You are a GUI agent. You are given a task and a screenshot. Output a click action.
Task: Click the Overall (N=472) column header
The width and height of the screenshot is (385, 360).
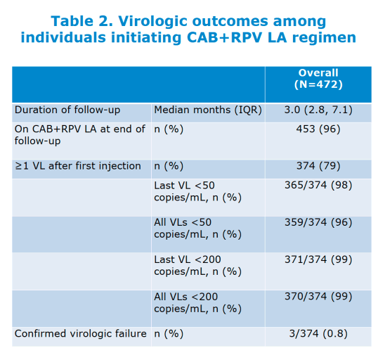click(x=318, y=79)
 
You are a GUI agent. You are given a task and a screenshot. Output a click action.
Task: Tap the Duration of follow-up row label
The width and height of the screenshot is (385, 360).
click(x=67, y=110)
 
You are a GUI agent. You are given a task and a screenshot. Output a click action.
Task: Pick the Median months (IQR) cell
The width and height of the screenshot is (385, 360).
click(x=208, y=110)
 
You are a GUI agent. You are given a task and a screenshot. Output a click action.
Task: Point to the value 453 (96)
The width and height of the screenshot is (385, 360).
click(x=318, y=129)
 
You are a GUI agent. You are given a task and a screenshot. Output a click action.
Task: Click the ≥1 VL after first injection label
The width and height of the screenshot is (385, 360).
click(x=77, y=166)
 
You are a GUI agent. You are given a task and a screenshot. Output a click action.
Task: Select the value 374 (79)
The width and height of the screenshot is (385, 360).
click(x=318, y=166)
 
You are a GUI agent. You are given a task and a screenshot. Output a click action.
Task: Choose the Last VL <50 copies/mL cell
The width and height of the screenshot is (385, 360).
click(x=197, y=191)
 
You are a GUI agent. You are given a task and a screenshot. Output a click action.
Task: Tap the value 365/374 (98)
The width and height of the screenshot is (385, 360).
click(x=318, y=185)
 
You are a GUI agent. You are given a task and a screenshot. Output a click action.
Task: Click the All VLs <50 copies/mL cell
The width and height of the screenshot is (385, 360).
click(x=197, y=229)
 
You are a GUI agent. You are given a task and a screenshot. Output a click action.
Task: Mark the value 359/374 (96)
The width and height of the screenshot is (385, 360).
click(x=318, y=222)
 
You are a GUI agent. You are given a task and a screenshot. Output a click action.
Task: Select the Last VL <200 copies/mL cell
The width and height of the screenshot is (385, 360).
click(x=197, y=266)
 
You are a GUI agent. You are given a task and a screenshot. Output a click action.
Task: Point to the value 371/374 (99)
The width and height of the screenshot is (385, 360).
click(x=318, y=259)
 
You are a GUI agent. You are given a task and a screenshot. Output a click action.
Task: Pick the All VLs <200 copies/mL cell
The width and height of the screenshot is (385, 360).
click(x=197, y=303)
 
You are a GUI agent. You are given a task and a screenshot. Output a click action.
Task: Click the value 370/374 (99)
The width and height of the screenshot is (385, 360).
click(x=318, y=296)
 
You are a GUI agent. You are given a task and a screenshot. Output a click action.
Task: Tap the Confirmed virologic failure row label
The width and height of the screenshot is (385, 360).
click(x=80, y=334)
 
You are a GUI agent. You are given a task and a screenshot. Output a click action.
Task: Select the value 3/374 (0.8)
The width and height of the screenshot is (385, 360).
click(x=318, y=334)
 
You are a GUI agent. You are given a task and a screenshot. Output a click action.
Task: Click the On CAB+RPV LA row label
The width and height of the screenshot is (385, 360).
click(x=80, y=135)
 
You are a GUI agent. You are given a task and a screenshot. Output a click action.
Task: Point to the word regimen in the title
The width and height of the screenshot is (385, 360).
click(x=324, y=38)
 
